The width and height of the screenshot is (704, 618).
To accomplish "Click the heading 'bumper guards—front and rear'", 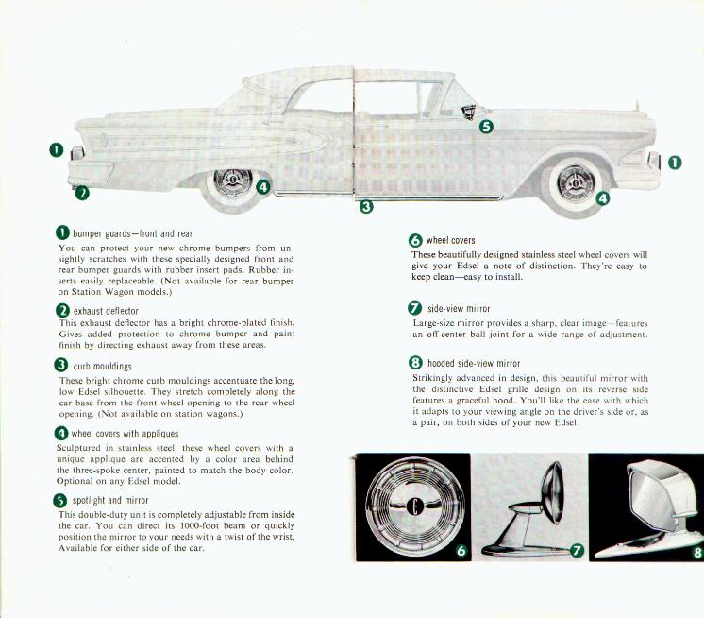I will click(131, 232).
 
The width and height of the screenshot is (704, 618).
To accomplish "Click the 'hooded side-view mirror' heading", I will click(474, 362).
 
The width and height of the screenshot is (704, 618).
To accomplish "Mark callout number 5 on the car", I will click(486, 127).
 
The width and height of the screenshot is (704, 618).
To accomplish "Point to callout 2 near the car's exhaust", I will click(82, 194).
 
